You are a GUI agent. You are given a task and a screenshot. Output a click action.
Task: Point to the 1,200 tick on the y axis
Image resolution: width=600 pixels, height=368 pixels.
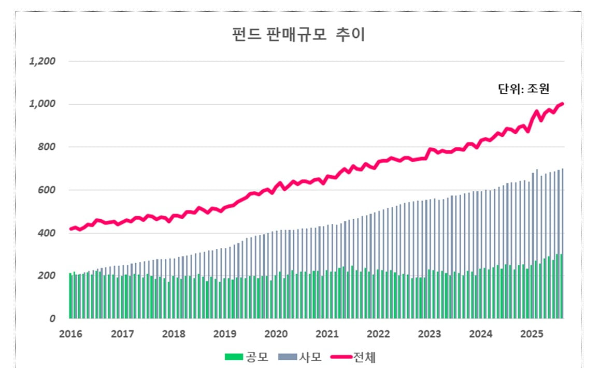(42, 61)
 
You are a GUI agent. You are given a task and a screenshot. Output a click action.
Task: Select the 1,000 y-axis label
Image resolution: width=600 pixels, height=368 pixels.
(42, 104)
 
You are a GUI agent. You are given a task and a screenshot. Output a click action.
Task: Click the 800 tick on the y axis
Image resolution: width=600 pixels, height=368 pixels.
(47, 147)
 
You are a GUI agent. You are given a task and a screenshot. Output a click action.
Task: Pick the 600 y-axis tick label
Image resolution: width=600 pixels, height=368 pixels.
(47, 190)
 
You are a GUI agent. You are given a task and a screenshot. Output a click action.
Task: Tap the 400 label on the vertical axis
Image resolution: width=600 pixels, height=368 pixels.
(47, 233)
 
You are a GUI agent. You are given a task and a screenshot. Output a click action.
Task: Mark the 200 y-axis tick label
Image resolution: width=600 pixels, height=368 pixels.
(47, 276)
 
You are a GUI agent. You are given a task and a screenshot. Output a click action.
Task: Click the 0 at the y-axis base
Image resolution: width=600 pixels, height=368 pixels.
(52, 319)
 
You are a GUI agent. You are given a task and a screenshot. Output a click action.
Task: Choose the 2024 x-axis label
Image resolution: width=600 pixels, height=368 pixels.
(481, 333)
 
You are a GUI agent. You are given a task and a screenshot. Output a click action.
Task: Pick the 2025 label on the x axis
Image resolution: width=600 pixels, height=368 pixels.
(532, 333)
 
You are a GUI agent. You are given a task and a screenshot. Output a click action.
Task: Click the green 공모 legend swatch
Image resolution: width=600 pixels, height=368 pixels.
(234, 357)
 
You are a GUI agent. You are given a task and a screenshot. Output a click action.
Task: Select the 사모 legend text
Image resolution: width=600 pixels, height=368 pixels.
(310, 357)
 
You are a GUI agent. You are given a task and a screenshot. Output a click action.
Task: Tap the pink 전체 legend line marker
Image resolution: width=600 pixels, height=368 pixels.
(341, 357)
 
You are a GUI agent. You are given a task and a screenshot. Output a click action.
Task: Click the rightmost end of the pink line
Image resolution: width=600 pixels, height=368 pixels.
(563, 104)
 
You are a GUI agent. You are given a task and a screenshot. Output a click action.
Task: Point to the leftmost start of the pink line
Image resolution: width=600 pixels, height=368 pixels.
(70, 229)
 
